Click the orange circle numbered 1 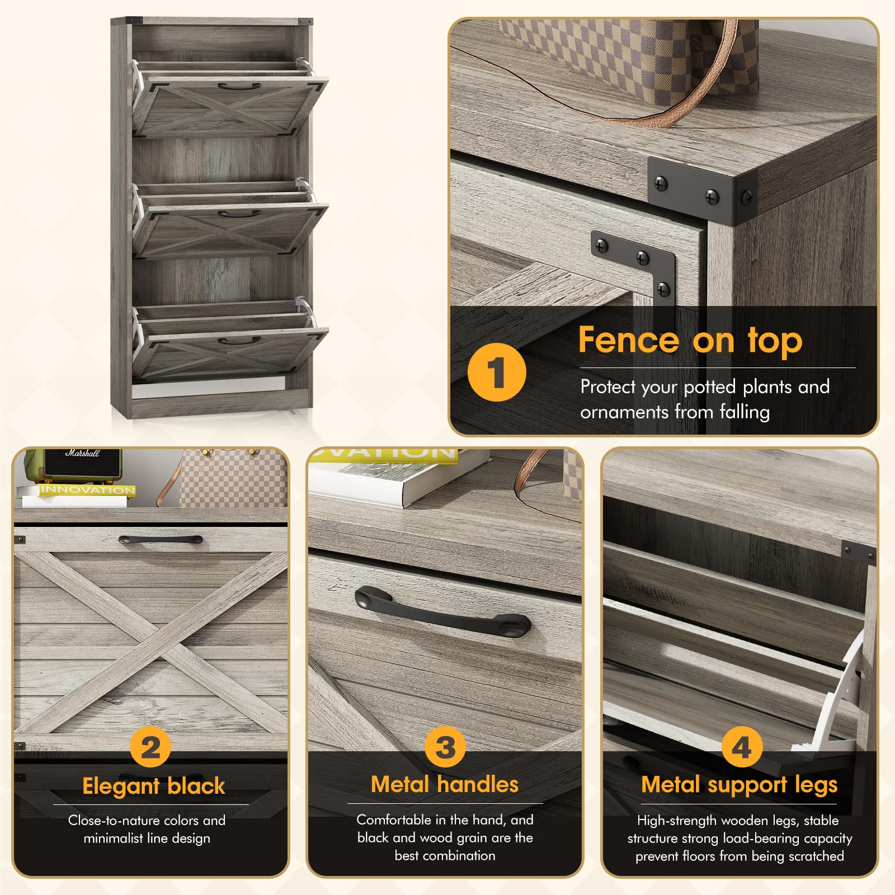pyautogui.click(x=497, y=372)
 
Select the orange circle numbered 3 pyautogui.click(x=445, y=747)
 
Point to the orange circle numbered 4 pyautogui.click(x=741, y=747)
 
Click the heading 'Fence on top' pyautogui.click(x=690, y=340)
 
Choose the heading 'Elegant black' pyautogui.click(x=153, y=786)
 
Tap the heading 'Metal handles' pyautogui.click(x=445, y=784)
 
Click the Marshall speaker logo pyautogui.click(x=82, y=453)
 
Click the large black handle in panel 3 pyautogui.click(x=442, y=613)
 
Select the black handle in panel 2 pyautogui.click(x=161, y=540)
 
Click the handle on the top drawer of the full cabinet pyautogui.click(x=239, y=87)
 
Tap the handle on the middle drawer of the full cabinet pyautogui.click(x=239, y=214)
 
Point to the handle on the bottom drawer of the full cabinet pyautogui.click(x=239, y=340)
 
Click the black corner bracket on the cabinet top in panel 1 pyautogui.click(x=703, y=187)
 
